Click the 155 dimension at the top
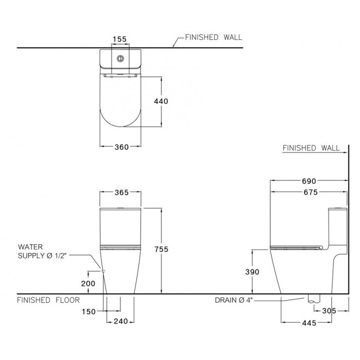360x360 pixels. pyautogui.click(x=120, y=38)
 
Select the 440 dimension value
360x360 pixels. pyautogui.click(x=161, y=102)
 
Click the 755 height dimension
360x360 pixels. pyautogui.click(x=161, y=249)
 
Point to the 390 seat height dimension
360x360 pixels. pyautogui.click(x=253, y=272)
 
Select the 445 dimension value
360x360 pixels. pyautogui.click(x=310, y=323)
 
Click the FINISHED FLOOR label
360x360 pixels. pyautogui.click(x=48, y=300)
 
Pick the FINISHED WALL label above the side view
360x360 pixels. pyautogui.click(x=312, y=148)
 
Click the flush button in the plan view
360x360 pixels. pyautogui.click(x=120, y=59)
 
